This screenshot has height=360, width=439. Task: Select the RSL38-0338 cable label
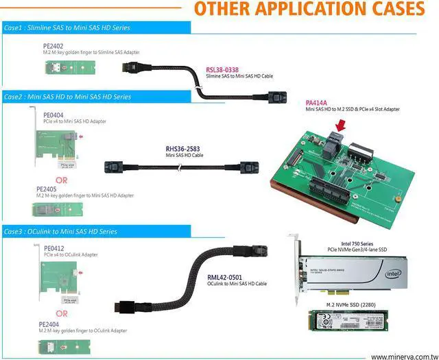tap(223, 70)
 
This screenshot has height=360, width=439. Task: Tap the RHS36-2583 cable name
tap(183, 148)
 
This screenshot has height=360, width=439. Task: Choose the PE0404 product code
tap(54, 115)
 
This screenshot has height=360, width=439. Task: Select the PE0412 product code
tap(54, 248)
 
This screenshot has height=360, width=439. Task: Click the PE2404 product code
tap(49, 324)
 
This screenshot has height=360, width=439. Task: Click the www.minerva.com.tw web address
tap(403, 357)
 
